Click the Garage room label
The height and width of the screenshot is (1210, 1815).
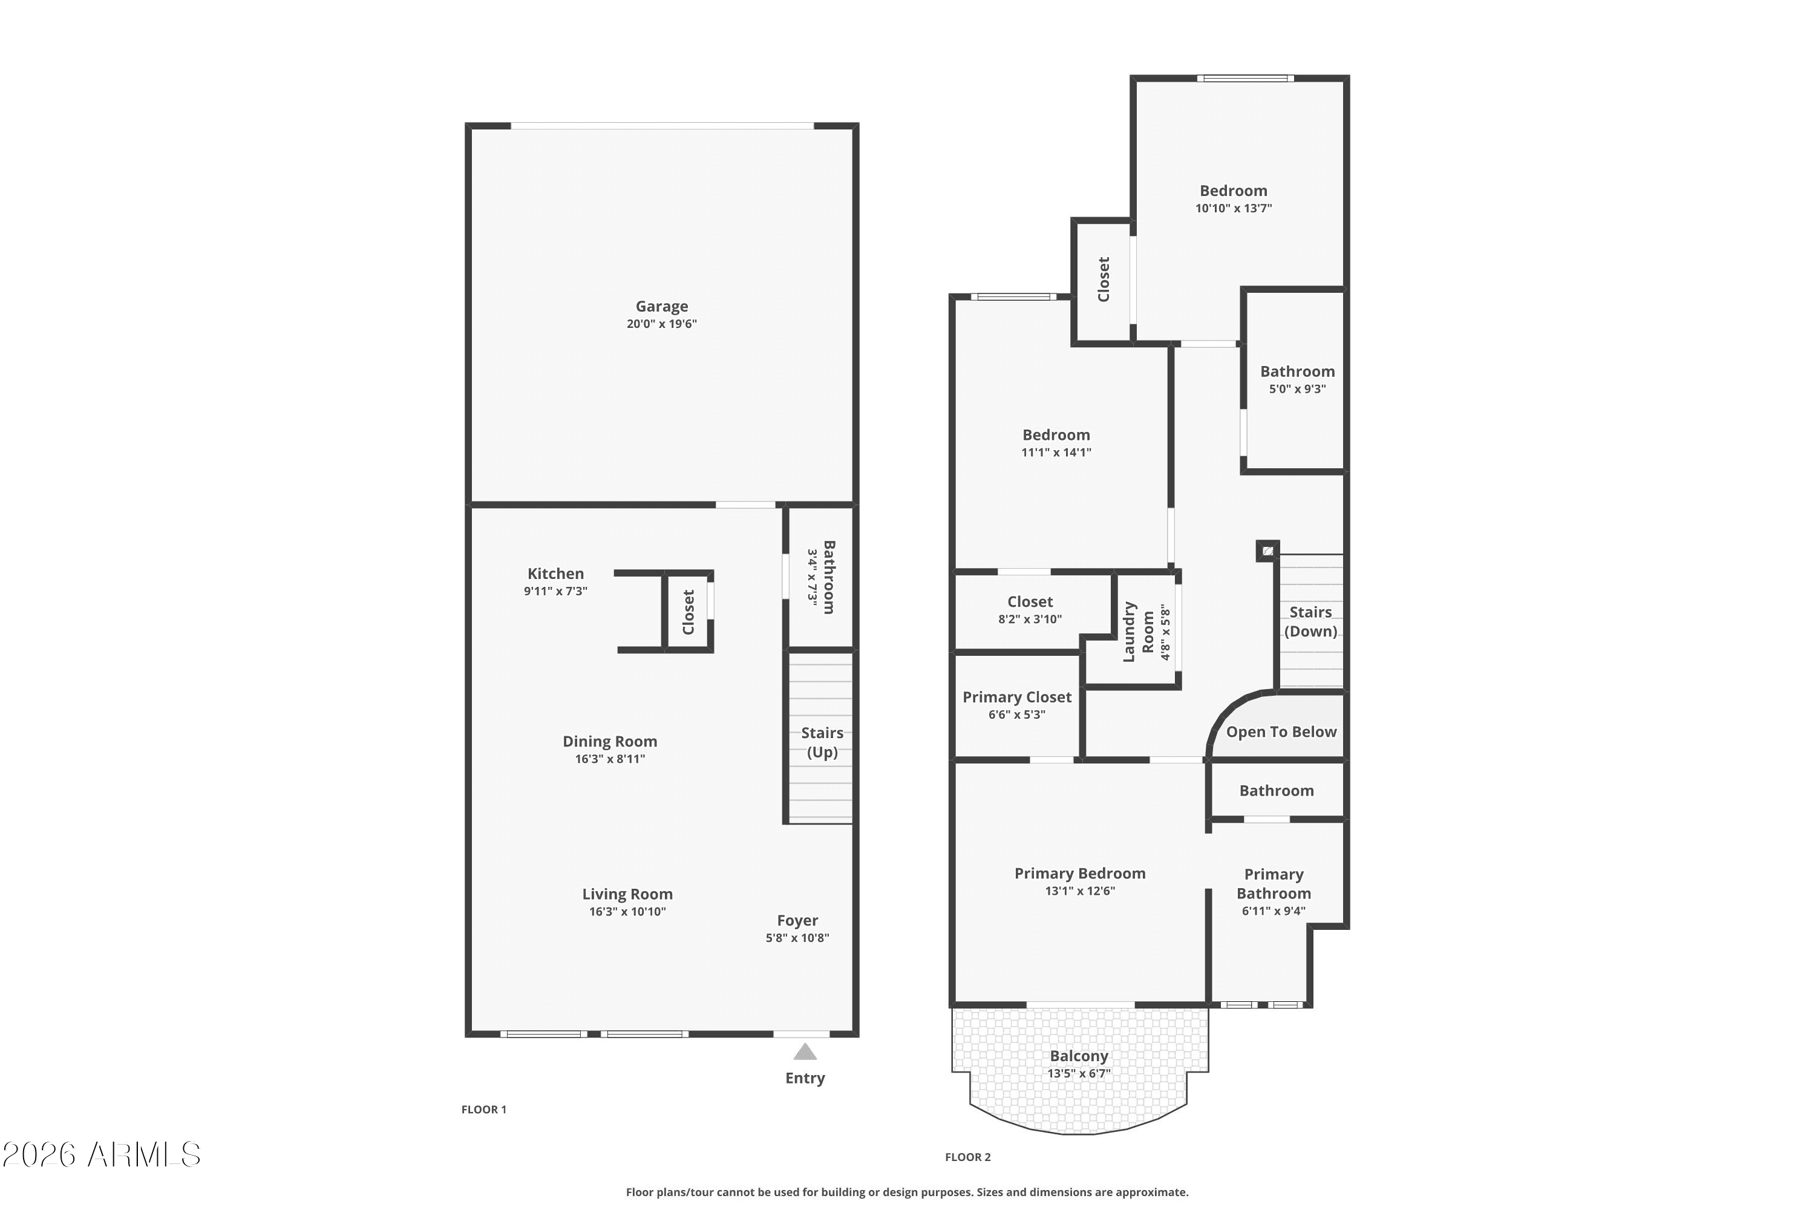click(x=661, y=306)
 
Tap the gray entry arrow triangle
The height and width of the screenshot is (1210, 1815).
click(x=805, y=1052)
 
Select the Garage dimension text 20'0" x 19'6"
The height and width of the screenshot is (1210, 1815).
click(x=661, y=324)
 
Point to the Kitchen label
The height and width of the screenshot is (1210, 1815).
click(x=555, y=574)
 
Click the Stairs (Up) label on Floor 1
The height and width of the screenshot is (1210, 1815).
click(x=822, y=742)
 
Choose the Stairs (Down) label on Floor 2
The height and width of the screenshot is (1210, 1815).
click(x=1310, y=621)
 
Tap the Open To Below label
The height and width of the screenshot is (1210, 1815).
click(x=1281, y=731)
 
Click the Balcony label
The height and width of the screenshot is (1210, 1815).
click(x=1079, y=1056)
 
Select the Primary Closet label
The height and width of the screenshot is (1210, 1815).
click(x=1017, y=697)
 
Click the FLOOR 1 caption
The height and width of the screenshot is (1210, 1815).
click(x=484, y=1110)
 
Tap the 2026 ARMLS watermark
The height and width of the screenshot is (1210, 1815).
click(x=101, y=1154)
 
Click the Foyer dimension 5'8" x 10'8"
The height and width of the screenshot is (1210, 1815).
click(x=797, y=938)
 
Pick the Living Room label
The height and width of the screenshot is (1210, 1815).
click(x=627, y=894)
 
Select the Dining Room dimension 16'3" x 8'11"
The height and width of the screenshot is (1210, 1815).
click(x=610, y=759)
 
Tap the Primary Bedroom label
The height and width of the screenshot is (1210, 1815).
click(x=1079, y=873)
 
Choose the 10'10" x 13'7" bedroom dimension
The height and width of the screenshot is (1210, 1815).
click(x=1233, y=208)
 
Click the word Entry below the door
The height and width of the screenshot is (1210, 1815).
click(x=805, y=1078)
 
